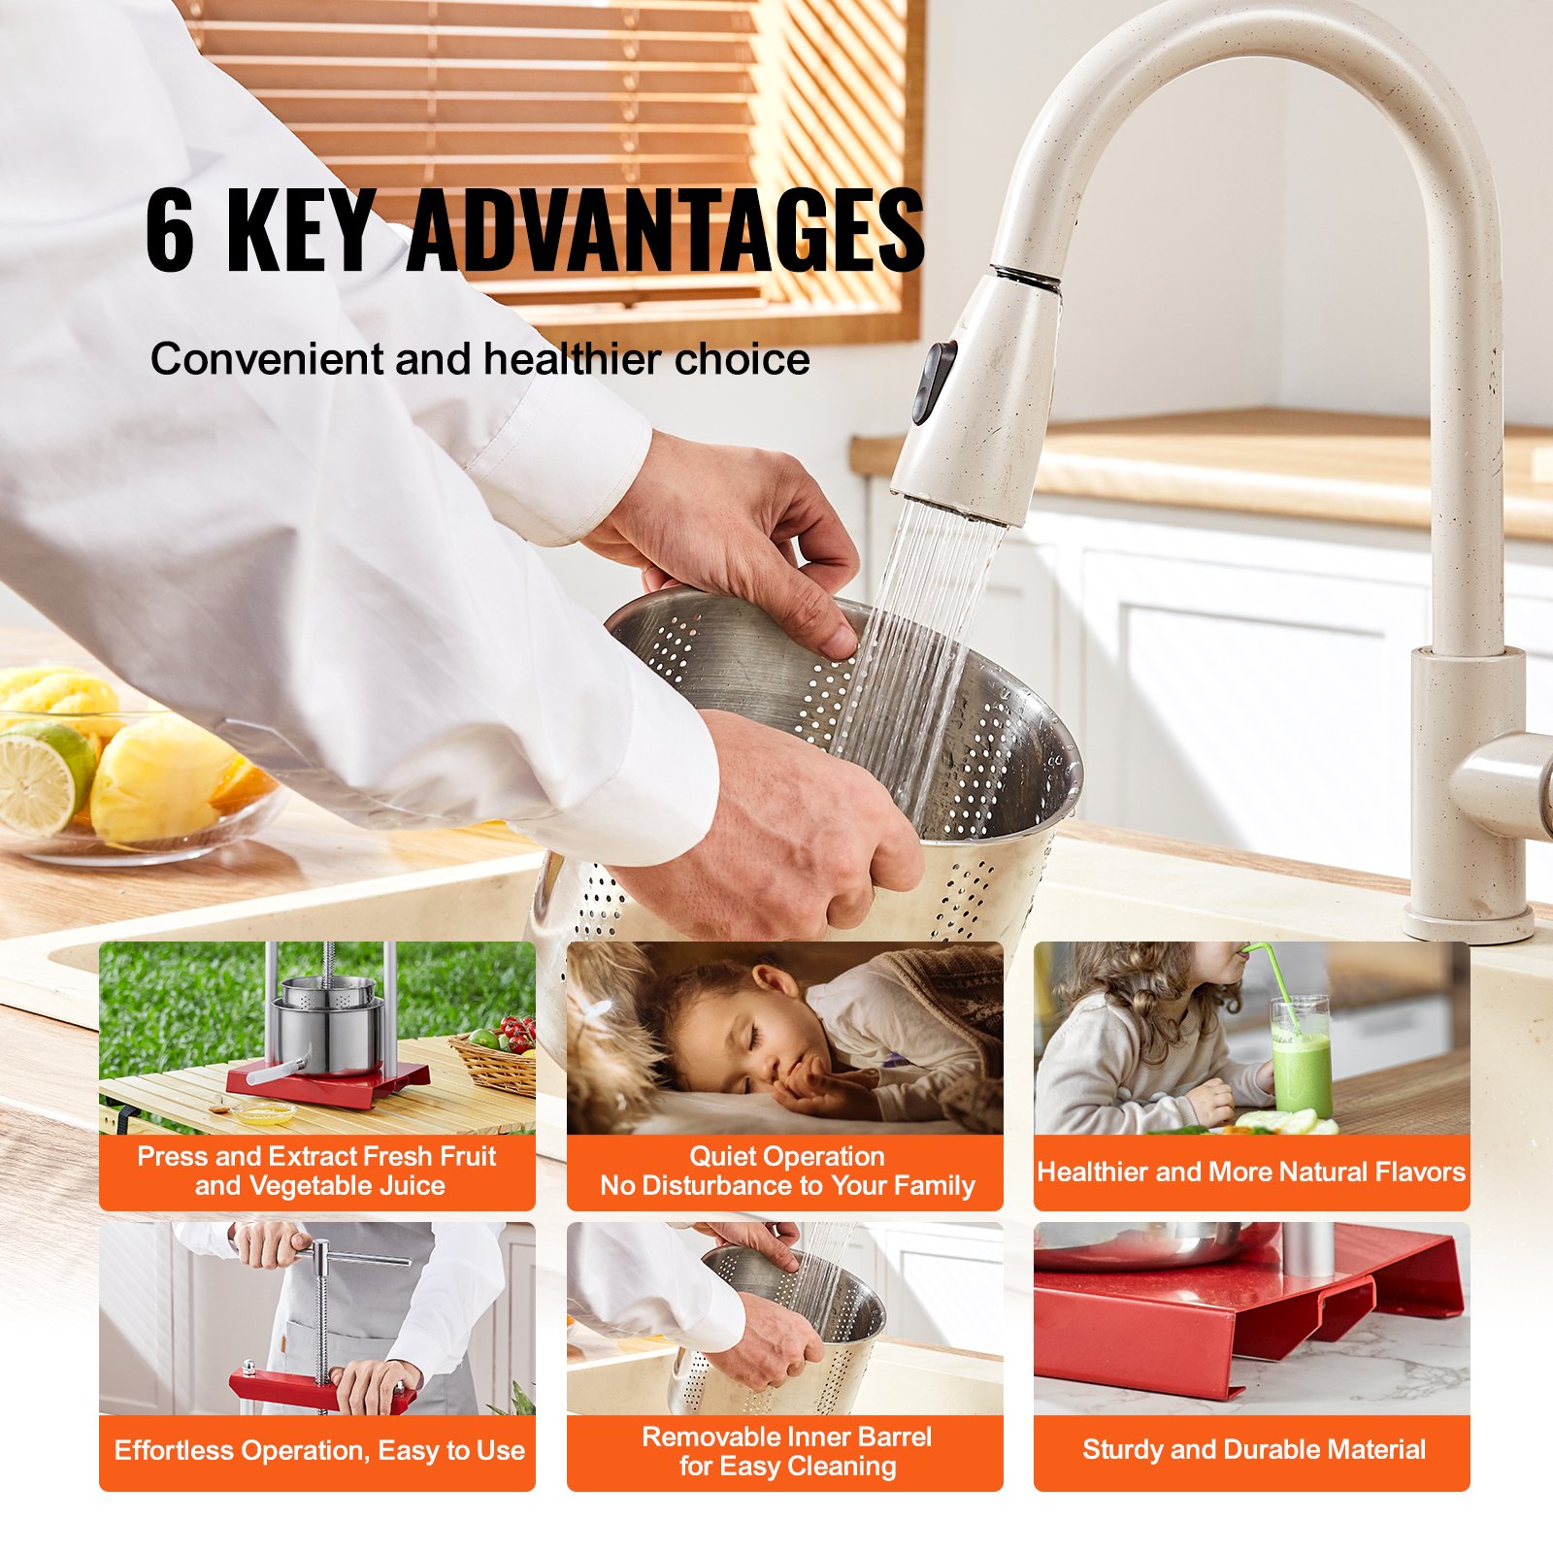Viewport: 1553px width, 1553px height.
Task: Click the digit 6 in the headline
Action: tap(171, 230)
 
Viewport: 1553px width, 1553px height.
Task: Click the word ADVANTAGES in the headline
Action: tap(666, 230)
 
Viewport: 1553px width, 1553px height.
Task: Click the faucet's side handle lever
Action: tap(1509, 776)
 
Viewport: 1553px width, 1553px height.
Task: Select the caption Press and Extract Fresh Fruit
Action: tap(316, 1157)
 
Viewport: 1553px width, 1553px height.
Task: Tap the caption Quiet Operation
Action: tap(786, 1157)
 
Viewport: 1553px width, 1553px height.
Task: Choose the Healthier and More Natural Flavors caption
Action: tap(1251, 1173)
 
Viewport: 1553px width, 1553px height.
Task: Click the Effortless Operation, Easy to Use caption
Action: tap(319, 1451)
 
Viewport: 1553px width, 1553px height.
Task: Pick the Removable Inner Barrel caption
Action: tap(786, 1437)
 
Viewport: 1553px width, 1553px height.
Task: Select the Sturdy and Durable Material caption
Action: tap(1253, 1450)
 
